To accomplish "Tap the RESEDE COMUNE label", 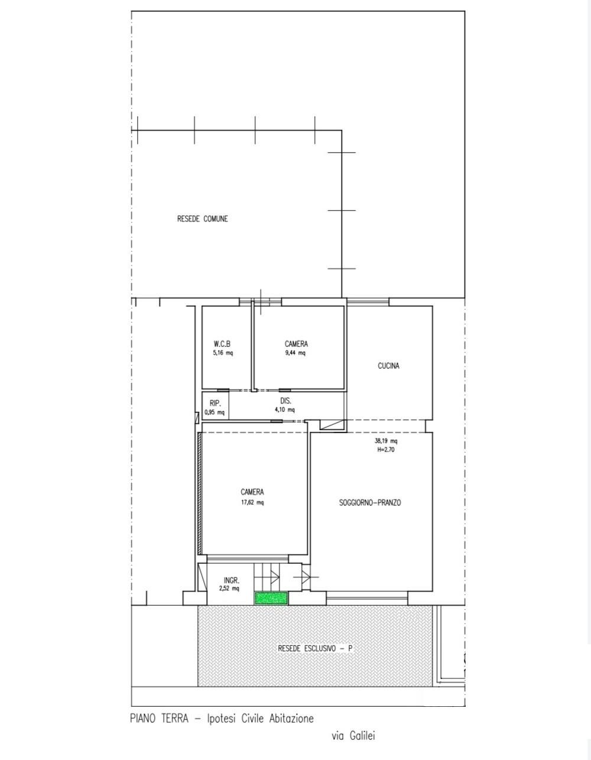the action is [x=203, y=219].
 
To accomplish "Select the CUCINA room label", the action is [x=388, y=366].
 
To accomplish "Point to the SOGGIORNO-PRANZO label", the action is [x=370, y=502].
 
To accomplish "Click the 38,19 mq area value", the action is [x=386, y=441].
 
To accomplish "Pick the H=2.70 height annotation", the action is [x=386, y=450].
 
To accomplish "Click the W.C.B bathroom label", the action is [x=222, y=344].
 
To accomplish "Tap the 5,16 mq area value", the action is [x=223, y=353].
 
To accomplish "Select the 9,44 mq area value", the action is [x=295, y=353].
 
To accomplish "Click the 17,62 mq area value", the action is [x=252, y=502].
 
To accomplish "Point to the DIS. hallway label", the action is [x=285, y=401].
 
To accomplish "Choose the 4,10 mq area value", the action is [x=285, y=410].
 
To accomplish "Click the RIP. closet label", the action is [x=215, y=404].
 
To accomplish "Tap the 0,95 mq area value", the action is [x=215, y=413].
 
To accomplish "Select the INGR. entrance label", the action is [x=232, y=580].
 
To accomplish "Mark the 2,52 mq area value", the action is [x=229, y=589].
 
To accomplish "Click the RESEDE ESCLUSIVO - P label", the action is [x=315, y=648].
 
